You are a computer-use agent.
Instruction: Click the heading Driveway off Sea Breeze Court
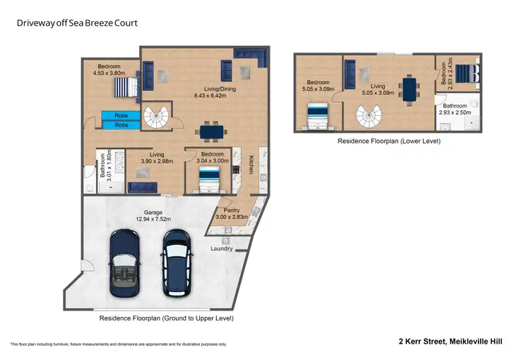coord(77,23)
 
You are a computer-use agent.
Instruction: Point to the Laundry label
coord(221,248)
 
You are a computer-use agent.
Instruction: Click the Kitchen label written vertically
coord(251,166)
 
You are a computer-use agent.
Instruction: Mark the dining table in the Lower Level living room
coord(411,88)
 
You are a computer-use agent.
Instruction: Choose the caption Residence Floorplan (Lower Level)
coord(389,141)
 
